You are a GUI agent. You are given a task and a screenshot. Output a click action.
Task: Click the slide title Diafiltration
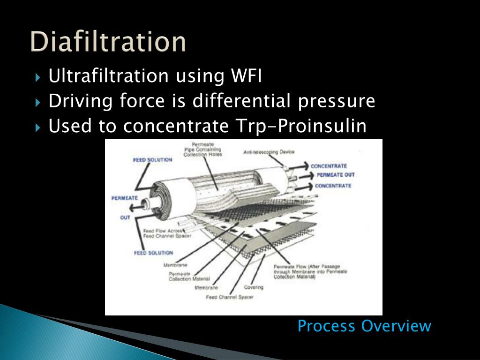click(x=108, y=42)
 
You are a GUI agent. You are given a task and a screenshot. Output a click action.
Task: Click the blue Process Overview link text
click(x=364, y=326)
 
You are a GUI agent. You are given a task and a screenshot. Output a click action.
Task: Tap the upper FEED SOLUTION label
click(x=153, y=160)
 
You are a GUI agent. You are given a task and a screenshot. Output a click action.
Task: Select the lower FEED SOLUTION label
click(x=153, y=253)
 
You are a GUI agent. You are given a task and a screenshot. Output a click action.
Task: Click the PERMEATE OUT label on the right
click(x=336, y=175)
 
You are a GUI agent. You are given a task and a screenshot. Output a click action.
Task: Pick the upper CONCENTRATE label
click(x=329, y=166)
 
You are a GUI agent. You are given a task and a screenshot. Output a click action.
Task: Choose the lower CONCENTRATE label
click(x=333, y=186)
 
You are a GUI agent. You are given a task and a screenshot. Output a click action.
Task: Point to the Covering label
click(x=254, y=287)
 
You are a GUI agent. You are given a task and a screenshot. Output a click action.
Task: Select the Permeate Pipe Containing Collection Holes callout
click(x=202, y=149)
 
